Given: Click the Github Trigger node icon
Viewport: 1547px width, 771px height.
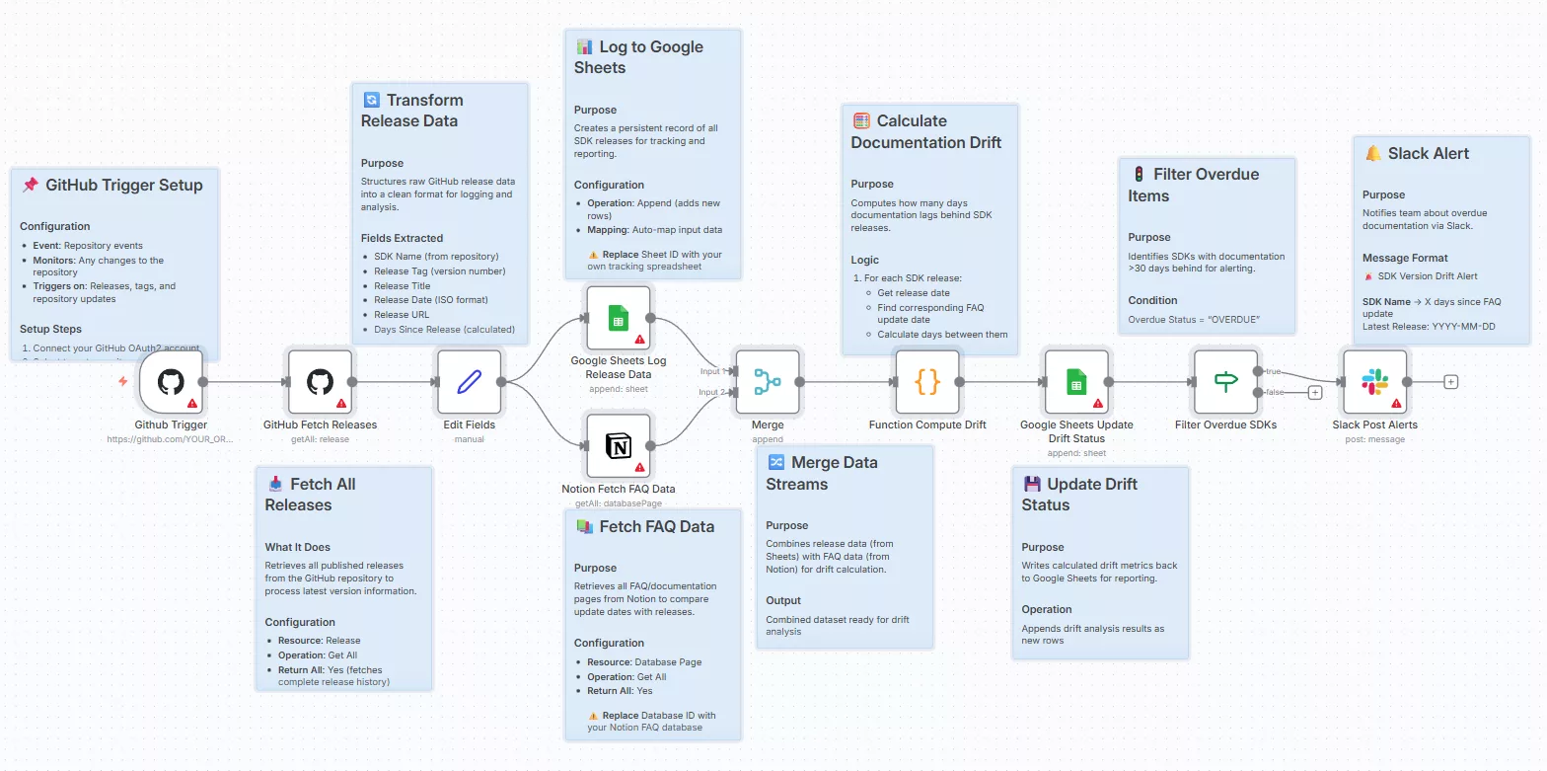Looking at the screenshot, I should coord(171,382).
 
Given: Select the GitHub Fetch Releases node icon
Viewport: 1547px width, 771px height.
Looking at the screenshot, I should coord(320,382).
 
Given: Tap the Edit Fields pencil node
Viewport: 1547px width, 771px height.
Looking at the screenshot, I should coord(470,382).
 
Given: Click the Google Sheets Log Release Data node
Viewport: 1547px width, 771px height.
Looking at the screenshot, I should coord(618,318).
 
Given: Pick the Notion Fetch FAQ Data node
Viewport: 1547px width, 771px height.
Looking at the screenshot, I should coord(618,446).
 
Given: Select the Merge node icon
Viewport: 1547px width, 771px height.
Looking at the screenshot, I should coord(767,382).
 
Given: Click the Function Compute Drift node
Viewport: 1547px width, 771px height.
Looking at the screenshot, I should coord(926,382).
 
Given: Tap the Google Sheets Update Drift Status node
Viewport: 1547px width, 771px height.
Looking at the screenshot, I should coord(1075,382).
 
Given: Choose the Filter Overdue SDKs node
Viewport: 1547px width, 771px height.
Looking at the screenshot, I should coord(1225,382).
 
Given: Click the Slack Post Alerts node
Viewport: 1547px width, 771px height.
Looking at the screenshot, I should coord(1373,382).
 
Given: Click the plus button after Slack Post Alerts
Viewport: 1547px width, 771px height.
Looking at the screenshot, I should coord(1450,382).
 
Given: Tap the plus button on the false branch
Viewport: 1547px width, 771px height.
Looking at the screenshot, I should coord(1314,393).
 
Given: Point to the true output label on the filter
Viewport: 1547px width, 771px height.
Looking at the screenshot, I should coord(1273,371).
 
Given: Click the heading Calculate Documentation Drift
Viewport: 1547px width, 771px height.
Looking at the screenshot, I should coord(925,131).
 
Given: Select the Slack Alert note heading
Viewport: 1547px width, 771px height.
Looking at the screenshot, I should coord(1428,154).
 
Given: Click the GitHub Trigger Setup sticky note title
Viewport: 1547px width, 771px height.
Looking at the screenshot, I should coord(123,185).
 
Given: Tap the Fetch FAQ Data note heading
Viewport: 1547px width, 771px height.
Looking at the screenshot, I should coord(656,527).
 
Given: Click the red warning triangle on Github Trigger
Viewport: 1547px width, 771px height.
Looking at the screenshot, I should coord(192,404).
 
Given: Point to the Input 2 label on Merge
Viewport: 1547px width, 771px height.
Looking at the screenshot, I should coord(712,393).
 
